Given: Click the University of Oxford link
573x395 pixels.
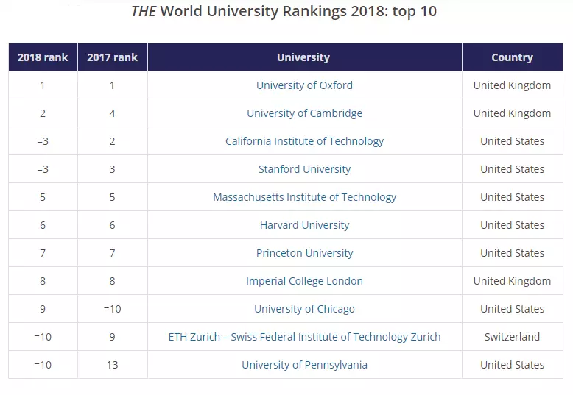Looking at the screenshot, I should click(304, 85).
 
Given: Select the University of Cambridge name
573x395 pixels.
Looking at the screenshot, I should click(304, 113).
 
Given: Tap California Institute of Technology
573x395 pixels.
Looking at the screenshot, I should click(304, 141).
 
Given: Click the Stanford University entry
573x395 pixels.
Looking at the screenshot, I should click(304, 169).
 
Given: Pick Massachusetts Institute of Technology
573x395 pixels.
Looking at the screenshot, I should click(304, 197).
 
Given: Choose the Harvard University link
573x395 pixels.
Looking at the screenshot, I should click(304, 225).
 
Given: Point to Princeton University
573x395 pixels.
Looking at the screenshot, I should click(304, 253).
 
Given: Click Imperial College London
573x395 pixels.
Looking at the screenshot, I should click(304, 281).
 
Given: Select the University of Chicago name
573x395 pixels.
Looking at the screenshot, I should click(304, 309).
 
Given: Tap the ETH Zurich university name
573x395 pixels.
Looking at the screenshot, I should click(304, 337).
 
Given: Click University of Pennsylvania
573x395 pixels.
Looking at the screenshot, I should click(304, 365).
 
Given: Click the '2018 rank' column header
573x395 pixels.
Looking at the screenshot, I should click(43, 57).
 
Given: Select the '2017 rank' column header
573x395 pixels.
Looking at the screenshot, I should click(112, 57).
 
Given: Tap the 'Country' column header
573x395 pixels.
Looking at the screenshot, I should click(512, 57).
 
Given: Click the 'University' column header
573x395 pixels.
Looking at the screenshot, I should click(303, 57).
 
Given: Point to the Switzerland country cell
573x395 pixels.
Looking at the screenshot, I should click(512, 337).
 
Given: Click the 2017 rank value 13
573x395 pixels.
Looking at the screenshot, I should click(112, 365).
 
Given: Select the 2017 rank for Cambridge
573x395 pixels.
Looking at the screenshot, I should click(112, 113).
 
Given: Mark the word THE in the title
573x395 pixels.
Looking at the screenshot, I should click(144, 12).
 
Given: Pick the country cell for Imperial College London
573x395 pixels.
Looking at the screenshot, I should click(512, 281).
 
